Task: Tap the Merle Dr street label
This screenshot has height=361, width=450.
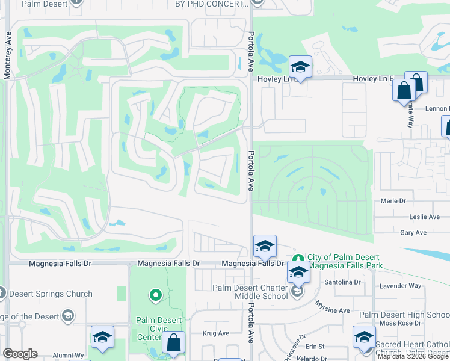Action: point(394,201)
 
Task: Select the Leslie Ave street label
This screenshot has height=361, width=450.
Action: point(424,217)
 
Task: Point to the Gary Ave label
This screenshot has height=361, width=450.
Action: point(413,232)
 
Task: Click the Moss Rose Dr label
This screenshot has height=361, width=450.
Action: point(401,323)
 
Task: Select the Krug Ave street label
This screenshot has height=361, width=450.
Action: point(215,333)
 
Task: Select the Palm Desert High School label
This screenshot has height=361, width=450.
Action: point(404,315)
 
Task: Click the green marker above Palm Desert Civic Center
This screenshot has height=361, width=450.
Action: point(156,295)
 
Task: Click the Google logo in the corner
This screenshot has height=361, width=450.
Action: point(20,354)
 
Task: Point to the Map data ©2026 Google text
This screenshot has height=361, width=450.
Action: point(412,356)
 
